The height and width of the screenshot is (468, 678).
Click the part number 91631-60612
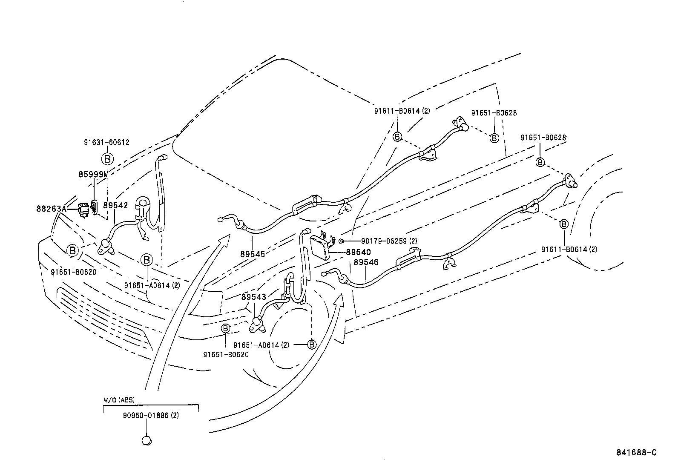(106, 142)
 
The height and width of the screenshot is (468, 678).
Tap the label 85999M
(93, 174)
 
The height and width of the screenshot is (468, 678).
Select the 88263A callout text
(51, 209)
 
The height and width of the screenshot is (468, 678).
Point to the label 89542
(115, 205)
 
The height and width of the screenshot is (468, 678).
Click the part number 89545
(253, 254)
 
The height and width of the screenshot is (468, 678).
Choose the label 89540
(358, 252)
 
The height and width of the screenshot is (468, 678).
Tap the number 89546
(366, 262)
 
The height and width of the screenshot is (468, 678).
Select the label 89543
(254, 297)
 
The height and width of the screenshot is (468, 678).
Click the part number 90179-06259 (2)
(389, 241)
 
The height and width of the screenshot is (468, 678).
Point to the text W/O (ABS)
(119, 400)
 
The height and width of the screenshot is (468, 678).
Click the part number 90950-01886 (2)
(151, 415)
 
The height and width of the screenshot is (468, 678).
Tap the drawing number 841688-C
(637, 453)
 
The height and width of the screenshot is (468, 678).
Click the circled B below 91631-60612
(107, 158)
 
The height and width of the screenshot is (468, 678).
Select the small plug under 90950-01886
(147, 440)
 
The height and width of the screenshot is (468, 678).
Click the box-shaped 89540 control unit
(320, 247)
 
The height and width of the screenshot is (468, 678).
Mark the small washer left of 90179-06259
(341, 241)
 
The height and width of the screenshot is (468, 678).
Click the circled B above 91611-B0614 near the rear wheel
(564, 224)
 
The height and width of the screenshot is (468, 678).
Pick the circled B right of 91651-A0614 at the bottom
(311, 345)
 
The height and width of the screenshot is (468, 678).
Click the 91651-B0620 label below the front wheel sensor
(226, 354)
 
